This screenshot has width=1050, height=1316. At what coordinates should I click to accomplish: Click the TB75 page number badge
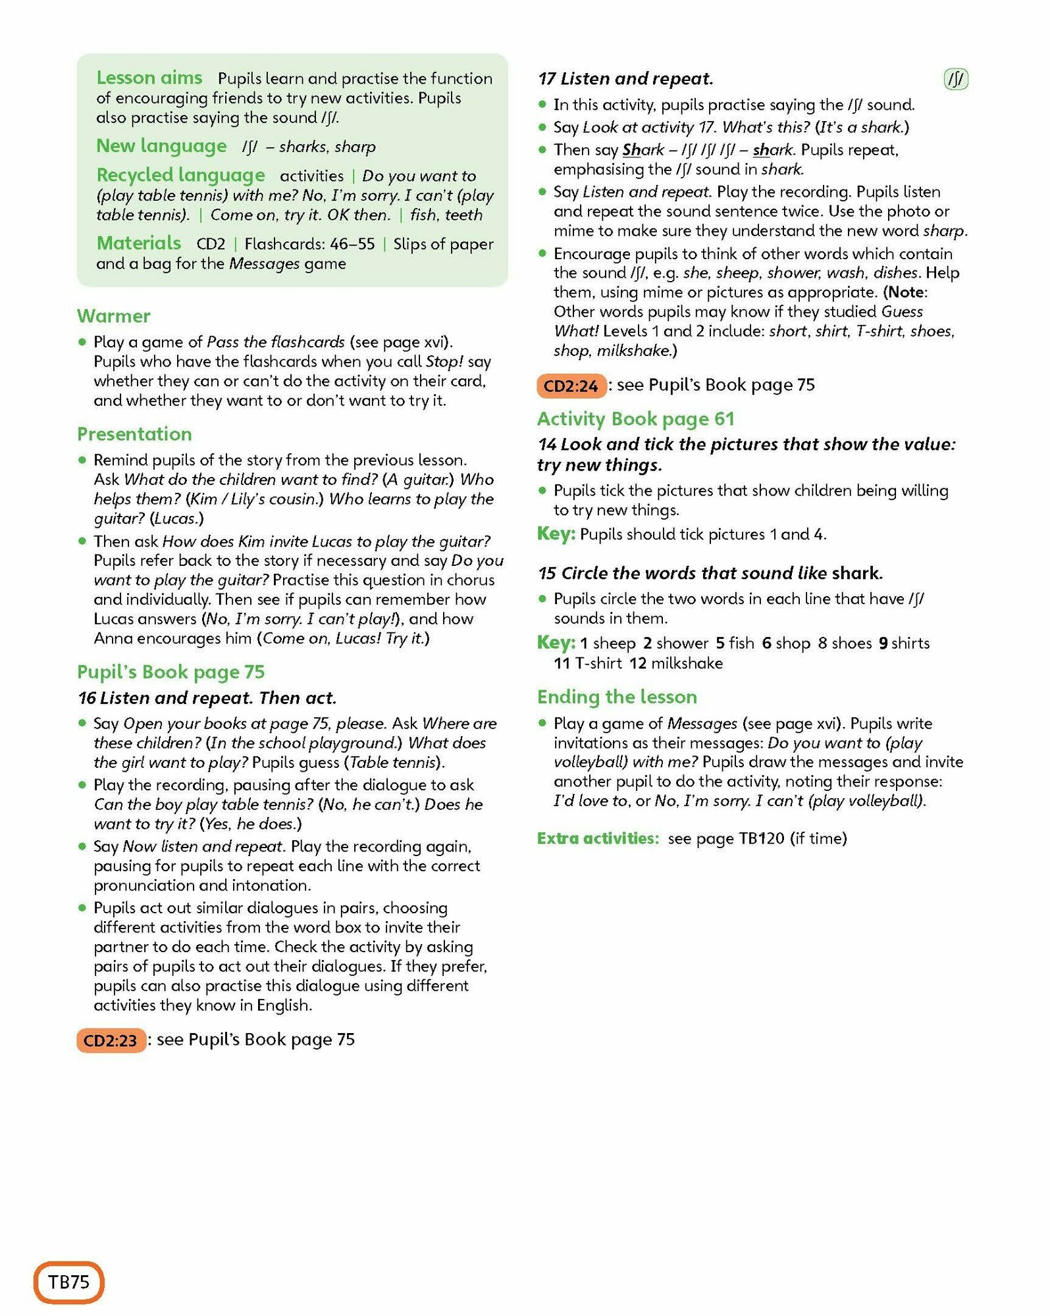[x=68, y=1282]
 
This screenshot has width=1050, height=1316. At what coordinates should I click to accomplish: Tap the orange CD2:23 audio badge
[x=111, y=1040]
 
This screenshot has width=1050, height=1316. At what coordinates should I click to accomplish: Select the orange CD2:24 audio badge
[x=571, y=386]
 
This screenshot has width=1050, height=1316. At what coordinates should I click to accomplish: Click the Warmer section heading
[x=113, y=316]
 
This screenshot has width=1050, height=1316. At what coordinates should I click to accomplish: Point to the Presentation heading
[x=134, y=434]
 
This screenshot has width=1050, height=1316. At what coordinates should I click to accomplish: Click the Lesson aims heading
[x=149, y=78]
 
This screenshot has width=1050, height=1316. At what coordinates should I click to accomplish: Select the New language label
[x=161, y=145]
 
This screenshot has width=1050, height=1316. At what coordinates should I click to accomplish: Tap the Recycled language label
[x=180, y=175]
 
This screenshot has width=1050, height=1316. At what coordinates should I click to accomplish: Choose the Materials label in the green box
[x=138, y=243]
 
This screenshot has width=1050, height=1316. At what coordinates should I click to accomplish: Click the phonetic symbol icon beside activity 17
[x=956, y=79]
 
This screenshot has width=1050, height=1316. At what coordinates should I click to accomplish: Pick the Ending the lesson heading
[x=617, y=696]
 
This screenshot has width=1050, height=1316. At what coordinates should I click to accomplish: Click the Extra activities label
[x=598, y=838]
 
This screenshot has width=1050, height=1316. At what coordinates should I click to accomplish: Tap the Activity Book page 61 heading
[x=635, y=418]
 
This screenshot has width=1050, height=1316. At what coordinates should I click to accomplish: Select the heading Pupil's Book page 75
[x=171, y=672]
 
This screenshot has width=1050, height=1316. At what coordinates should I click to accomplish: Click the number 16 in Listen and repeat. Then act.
[x=87, y=697]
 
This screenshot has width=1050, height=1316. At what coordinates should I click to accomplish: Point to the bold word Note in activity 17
[x=907, y=292]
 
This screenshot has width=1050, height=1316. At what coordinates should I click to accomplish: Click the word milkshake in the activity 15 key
[x=687, y=663]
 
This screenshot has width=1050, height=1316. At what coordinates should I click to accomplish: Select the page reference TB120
[x=762, y=838]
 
